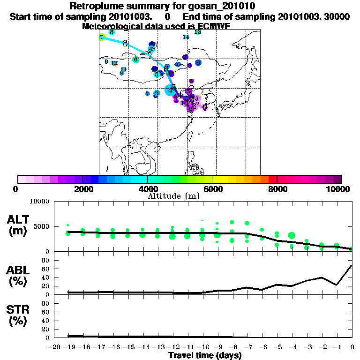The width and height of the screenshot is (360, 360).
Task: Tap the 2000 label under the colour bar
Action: [x=82, y=189]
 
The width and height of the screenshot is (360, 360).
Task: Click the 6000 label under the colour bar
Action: [x=212, y=189]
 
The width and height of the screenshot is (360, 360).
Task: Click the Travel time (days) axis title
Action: [x=205, y=355]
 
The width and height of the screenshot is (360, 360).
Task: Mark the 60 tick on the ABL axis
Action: [x=45, y=269]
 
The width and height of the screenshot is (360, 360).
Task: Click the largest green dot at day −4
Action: [x=292, y=235]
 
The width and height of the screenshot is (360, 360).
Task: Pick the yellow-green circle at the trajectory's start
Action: [x=101, y=37]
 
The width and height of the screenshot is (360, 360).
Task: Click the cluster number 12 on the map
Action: [x=114, y=63]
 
